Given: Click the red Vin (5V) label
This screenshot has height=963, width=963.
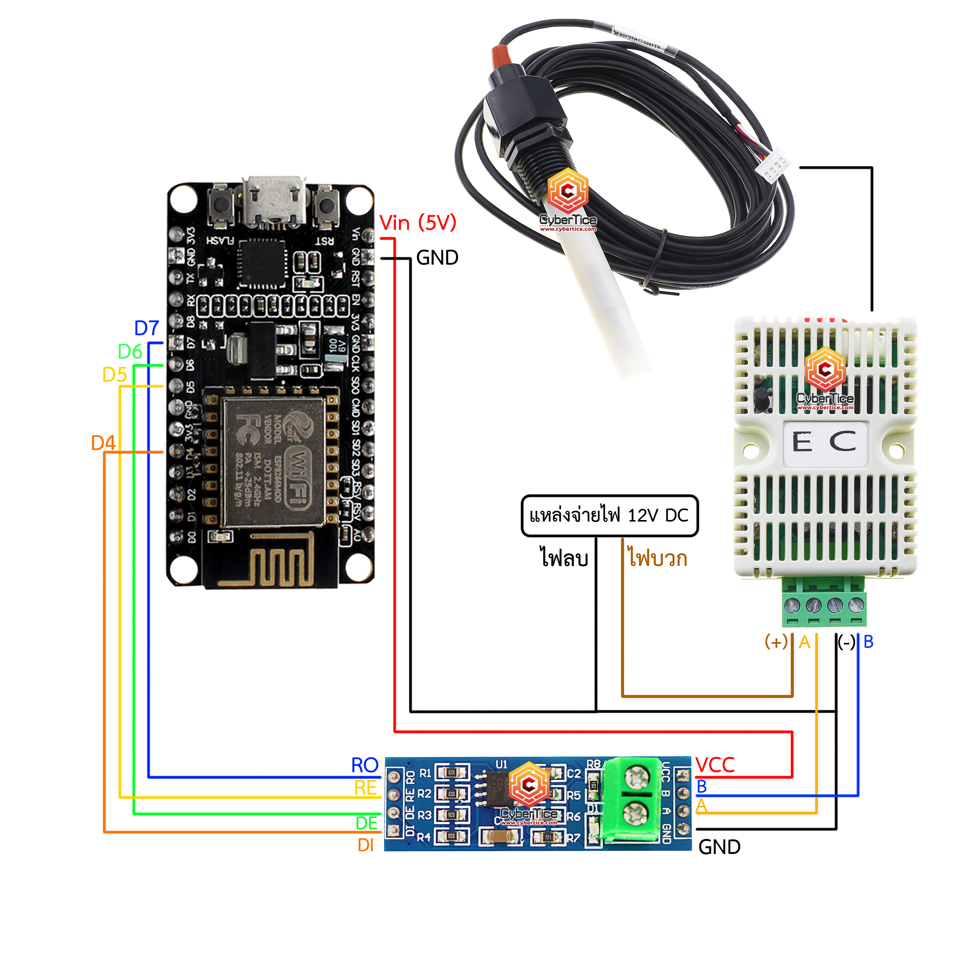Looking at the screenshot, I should coord(418,223).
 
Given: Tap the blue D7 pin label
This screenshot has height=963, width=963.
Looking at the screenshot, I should coord(146,328).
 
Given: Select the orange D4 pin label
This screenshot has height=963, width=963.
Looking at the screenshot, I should coord(103,443).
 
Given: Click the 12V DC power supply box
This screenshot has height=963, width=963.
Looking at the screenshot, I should coord(609,515).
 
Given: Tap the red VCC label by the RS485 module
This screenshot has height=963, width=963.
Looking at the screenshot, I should coord(715,765).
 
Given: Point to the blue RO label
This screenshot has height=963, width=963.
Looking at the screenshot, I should coord(364,765).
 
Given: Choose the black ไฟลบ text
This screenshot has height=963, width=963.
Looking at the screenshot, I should coord(564,557).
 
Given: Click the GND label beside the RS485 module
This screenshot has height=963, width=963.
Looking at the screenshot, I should coord(719,847).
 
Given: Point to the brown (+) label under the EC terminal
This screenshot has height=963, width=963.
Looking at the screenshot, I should coord(775,642).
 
